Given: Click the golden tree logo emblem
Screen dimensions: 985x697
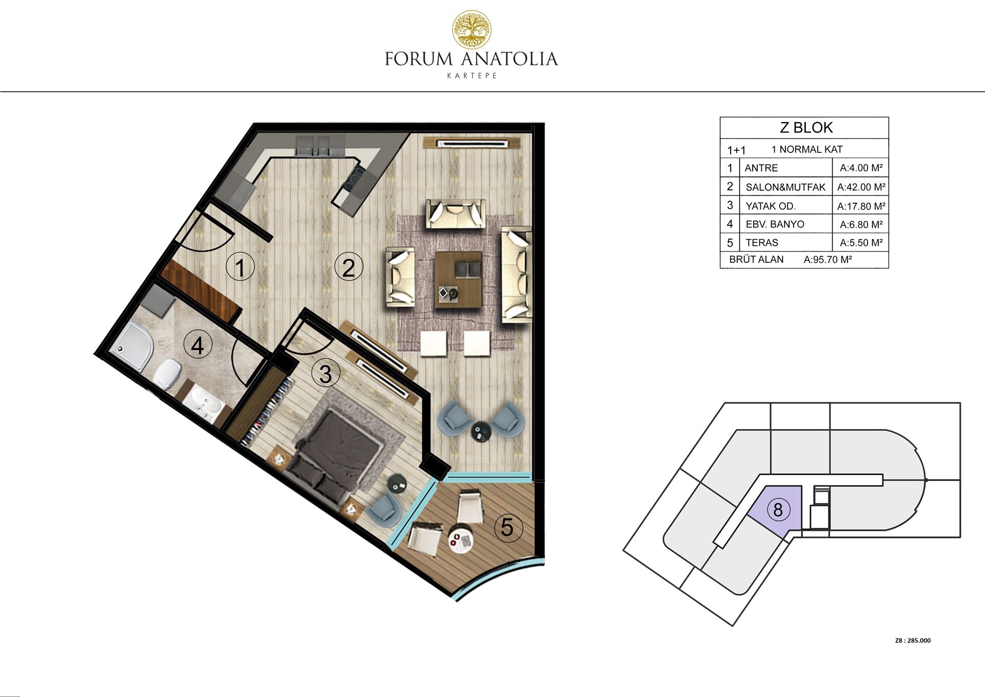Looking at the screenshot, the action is click(471, 29).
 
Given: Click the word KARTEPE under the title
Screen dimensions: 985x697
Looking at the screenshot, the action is click(472, 75).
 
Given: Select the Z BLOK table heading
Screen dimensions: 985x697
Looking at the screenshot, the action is click(806, 128).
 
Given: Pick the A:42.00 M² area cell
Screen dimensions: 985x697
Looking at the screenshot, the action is click(861, 187).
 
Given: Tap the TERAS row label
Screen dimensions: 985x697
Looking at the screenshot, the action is click(762, 243).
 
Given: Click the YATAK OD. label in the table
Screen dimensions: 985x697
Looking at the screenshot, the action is click(771, 206).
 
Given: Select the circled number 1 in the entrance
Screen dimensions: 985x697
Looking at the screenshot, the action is click(240, 267).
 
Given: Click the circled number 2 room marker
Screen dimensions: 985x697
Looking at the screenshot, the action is click(348, 267).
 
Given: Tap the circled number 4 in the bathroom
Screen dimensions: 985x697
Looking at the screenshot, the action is click(198, 345).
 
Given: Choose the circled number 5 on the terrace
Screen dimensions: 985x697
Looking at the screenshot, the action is click(507, 527).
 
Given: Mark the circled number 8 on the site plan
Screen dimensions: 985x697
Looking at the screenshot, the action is click(778, 510).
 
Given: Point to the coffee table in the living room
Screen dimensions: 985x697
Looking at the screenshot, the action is click(459, 280).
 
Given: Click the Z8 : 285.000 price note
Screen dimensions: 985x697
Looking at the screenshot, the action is click(913, 641).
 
